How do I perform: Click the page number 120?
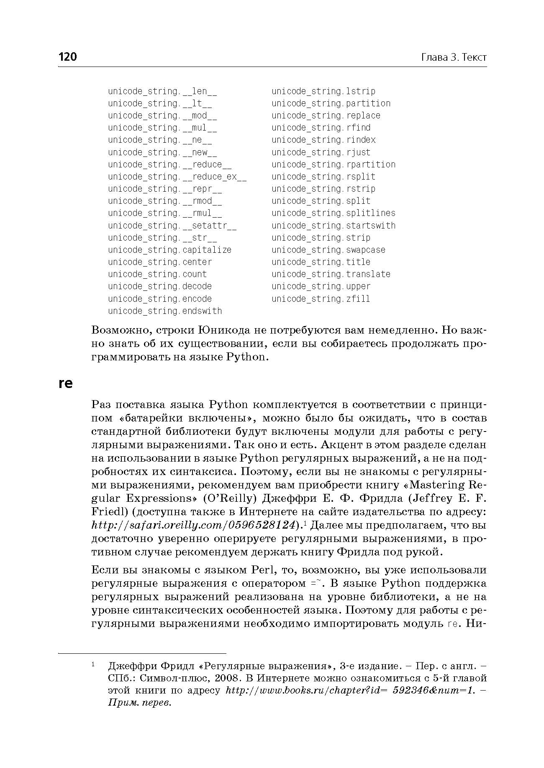(x=68, y=57)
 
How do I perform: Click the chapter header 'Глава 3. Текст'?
(x=454, y=57)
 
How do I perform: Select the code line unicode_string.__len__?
(x=162, y=91)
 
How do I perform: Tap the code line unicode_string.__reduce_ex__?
(x=177, y=177)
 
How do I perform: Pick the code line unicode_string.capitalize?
(x=169, y=250)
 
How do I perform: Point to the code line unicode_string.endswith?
(x=165, y=311)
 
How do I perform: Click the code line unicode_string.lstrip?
(x=323, y=91)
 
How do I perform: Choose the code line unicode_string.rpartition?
(x=334, y=164)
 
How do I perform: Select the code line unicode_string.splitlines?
(x=334, y=213)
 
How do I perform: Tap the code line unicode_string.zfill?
(x=321, y=299)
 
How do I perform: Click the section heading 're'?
(x=66, y=383)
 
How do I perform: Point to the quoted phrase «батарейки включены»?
(x=185, y=418)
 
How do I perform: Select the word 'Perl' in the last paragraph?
(x=262, y=570)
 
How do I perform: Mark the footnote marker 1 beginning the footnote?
(x=94, y=664)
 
